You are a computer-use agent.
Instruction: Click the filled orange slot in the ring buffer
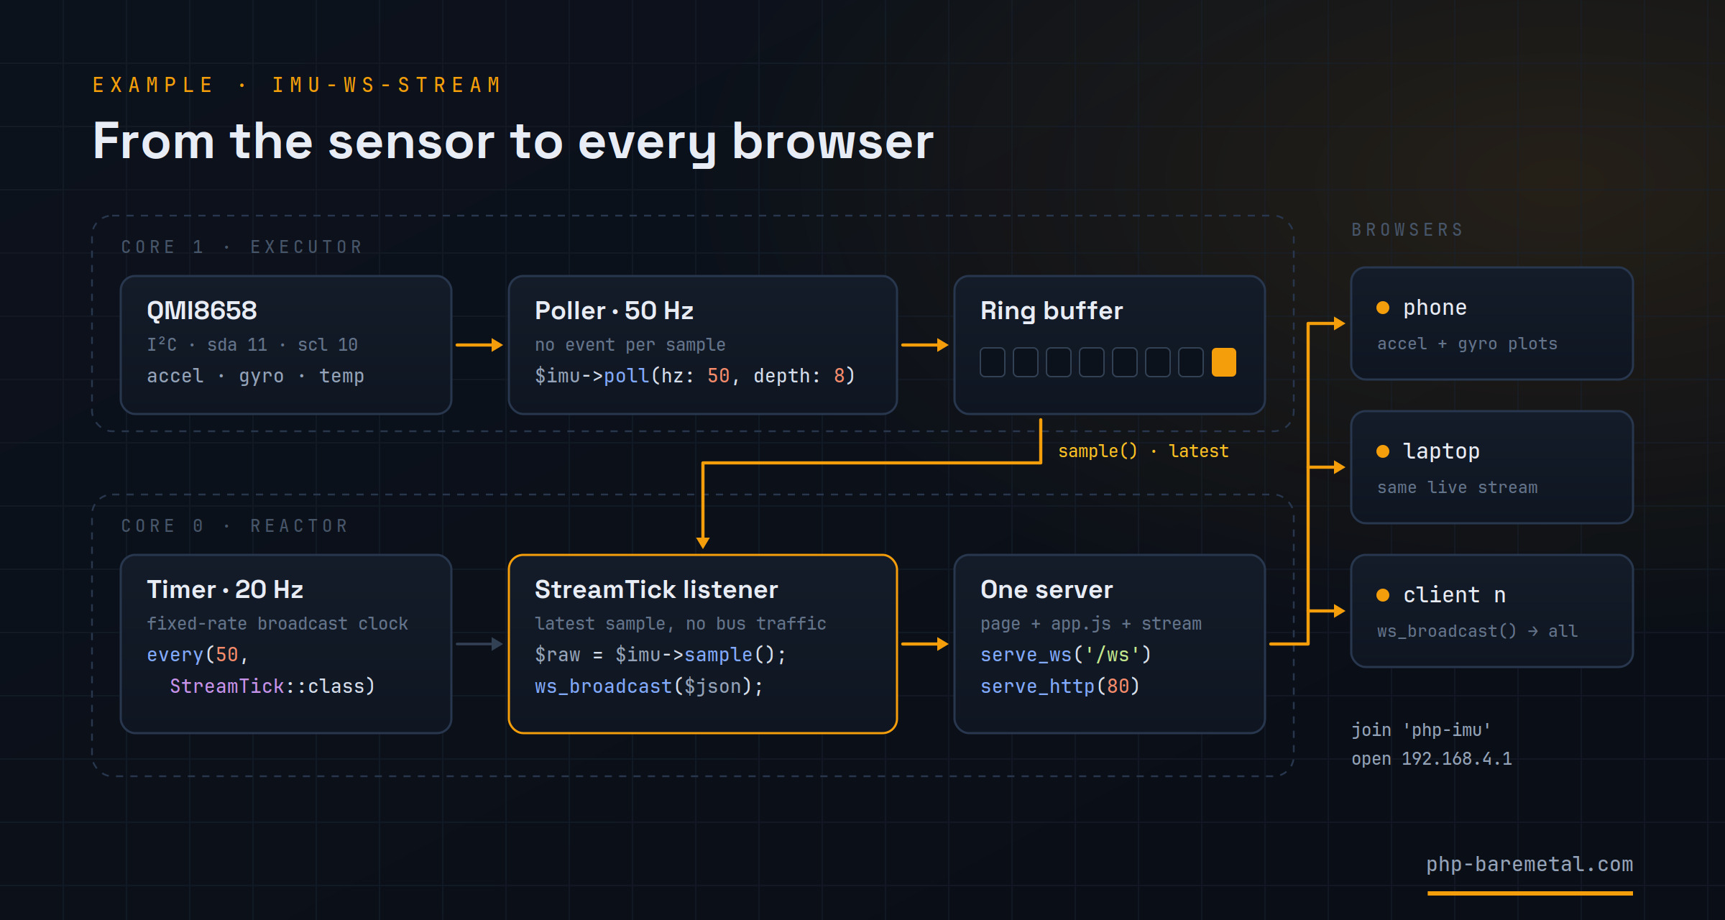click(x=1223, y=362)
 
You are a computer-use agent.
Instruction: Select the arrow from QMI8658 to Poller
click(x=479, y=345)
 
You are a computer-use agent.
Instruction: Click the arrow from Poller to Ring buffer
click(x=924, y=345)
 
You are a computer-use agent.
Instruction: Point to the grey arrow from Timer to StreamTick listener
click(x=479, y=644)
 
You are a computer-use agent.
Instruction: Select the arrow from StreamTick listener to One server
click(x=924, y=644)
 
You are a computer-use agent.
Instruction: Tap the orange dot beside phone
click(x=1383, y=308)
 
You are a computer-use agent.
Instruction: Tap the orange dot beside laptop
click(x=1383, y=451)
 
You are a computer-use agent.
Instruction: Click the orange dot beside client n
click(x=1383, y=595)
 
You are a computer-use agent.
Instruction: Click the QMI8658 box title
click(x=202, y=310)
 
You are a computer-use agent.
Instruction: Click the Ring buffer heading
click(x=1052, y=310)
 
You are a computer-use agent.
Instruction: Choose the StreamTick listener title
click(x=656, y=589)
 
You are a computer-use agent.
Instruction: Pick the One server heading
click(x=1046, y=589)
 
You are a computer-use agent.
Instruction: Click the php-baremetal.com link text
click(x=1529, y=864)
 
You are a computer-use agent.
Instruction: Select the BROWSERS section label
click(x=1407, y=230)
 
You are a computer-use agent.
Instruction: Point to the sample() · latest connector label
click(x=1144, y=451)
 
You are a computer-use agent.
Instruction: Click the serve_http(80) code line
click(x=1060, y=686)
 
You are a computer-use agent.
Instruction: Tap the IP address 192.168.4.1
click(x=1457, y=759)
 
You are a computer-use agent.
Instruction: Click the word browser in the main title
click(x=833, y=141)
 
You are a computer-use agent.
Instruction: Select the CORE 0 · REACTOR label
click(x=234, y=526)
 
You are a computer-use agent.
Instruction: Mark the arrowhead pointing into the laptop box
click(x=1339, y=467)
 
